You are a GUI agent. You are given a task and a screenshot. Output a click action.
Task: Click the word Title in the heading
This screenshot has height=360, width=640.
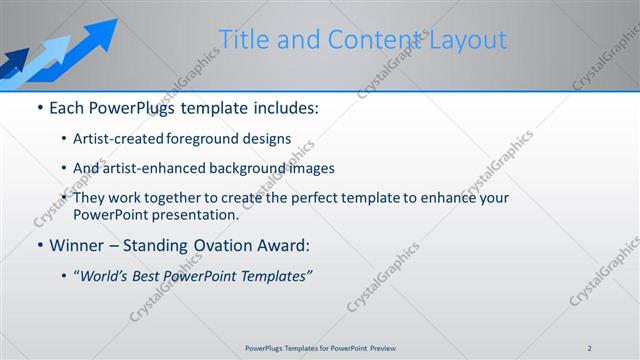coord(244,40)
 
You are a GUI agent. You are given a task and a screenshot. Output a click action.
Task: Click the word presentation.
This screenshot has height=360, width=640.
coord(196,214)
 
